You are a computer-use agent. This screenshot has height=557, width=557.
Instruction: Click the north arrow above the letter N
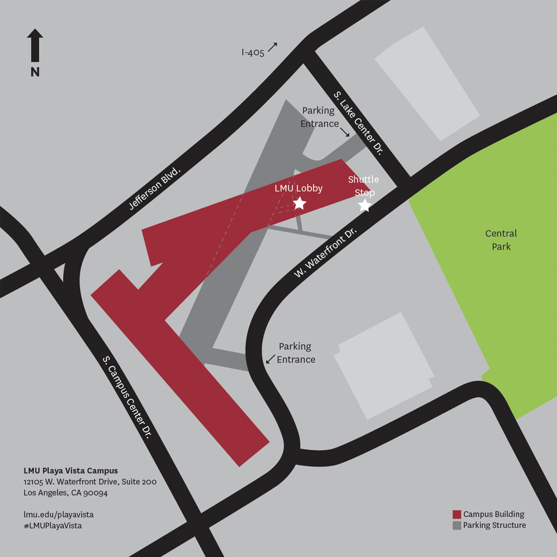point(35,45)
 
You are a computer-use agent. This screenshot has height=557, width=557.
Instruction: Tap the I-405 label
point(252,52)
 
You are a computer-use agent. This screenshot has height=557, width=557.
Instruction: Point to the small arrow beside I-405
point(272,47)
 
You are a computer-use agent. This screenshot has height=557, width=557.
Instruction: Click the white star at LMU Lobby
point(300,203)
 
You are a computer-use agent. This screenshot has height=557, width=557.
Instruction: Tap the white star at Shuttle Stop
point(364,206)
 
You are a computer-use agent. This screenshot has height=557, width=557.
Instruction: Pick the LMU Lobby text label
point(299,188)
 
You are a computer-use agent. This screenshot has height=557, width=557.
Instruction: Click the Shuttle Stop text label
point(363,185)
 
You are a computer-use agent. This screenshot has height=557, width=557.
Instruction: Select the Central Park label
point(501,240)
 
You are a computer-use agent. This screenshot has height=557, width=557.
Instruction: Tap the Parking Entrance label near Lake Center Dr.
point(319,117)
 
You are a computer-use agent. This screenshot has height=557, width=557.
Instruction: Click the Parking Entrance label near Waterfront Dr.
point(296,353)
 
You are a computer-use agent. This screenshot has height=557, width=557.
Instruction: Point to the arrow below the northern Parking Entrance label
point(345,133)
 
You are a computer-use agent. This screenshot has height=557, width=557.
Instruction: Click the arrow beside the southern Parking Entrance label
point(270,360)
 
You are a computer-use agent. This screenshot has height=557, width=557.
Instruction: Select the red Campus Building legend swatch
point(457,514)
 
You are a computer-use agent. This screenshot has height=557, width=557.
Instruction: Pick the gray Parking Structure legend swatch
point(457,525)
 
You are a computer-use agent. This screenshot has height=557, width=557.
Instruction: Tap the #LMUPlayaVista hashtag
point(52,525)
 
